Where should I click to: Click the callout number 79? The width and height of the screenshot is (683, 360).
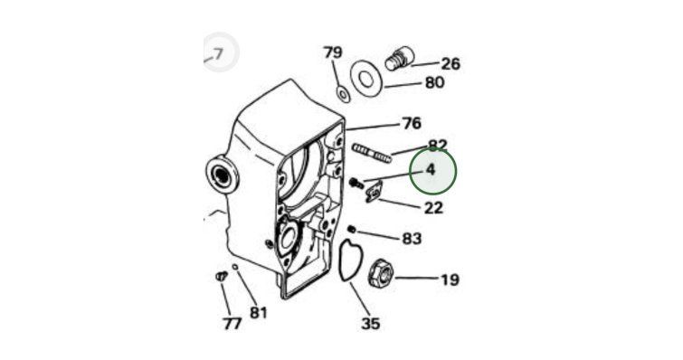(333, 52)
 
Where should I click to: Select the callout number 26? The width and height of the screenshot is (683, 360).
(451, 64)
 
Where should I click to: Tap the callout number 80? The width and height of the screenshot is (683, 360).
(434, 82)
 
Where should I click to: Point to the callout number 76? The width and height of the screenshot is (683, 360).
(412, 123)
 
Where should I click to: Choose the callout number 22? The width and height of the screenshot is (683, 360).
(433, 208)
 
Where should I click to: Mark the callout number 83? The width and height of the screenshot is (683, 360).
(412, 239)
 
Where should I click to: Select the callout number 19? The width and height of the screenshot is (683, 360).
(450, 279)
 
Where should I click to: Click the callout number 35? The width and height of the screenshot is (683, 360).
(371, 324)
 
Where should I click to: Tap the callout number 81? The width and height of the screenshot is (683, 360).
(259, 313)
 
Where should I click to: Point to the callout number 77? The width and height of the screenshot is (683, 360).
(232, 324)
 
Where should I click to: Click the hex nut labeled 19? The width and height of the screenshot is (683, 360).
(381, 273)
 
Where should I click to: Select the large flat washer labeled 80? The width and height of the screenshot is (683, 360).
(365, 79)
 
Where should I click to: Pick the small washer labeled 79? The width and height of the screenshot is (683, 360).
(343, 94)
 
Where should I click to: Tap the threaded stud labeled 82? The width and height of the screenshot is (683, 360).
(372, 154)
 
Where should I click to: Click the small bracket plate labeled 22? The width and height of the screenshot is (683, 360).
(373, 193)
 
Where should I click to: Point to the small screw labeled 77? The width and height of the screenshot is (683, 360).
(222, 276)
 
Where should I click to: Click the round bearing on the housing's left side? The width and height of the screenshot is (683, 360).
(222, 175)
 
